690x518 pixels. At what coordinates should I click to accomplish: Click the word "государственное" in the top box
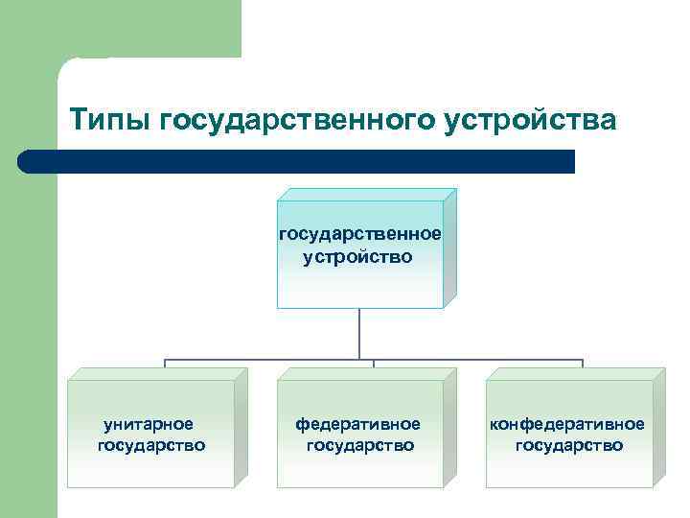359,233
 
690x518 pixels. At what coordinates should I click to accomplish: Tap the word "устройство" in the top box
358,256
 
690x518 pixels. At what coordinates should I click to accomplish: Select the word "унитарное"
149,423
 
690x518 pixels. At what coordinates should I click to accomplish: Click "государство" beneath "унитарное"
151,445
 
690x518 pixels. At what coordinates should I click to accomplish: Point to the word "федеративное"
358,423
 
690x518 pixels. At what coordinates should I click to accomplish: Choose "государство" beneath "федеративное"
359,445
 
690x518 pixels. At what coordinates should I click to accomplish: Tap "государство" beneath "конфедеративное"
568,445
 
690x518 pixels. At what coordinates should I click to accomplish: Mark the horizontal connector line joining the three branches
268,361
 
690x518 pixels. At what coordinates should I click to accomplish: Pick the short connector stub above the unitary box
164,365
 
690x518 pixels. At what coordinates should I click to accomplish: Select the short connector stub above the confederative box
583,365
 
